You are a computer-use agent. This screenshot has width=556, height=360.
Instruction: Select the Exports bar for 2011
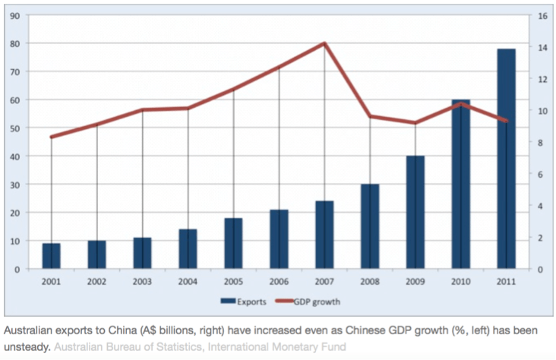(506, 159)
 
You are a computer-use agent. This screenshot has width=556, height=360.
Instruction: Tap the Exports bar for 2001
(51, 256)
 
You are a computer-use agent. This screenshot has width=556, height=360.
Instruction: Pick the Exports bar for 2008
(370, 226)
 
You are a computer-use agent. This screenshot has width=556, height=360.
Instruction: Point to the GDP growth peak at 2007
(324, 43)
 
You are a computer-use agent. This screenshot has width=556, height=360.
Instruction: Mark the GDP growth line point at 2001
(51, 137)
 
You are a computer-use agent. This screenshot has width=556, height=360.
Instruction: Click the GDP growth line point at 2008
(370, 116)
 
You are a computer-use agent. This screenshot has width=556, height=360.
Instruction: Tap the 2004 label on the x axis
(188, 281)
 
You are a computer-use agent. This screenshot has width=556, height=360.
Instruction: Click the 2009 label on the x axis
(415, 281)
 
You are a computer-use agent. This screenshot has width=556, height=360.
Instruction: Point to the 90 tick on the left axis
(14, 15)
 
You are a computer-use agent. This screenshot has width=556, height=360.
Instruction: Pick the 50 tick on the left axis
(14, 128)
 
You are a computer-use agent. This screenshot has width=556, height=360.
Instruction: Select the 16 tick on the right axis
(543, 15)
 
